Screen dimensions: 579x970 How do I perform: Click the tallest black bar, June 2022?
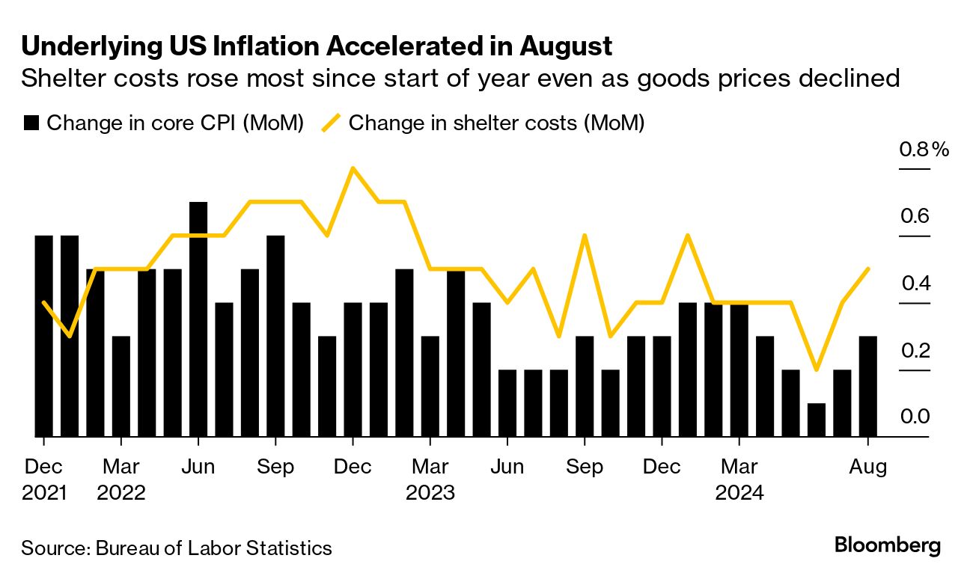click(x=198, y=319)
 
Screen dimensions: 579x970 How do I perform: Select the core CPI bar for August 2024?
click(x=867, y=386)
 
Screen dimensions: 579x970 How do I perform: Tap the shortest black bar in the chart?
click(x=817, y=420)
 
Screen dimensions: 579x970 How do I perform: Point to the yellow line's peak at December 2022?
click(x=353, y=168)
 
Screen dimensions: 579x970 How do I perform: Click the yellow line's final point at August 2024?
click(x=867, y=269)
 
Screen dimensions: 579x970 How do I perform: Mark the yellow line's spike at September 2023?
click(x=584, y=236)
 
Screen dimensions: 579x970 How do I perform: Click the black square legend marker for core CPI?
click(x=31, y=123)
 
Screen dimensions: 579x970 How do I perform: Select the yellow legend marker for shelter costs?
click(x=331, y=123)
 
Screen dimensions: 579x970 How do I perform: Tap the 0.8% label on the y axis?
click(x=923, y=150)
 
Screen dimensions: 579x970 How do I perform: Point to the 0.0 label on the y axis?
click(x=915, y=417)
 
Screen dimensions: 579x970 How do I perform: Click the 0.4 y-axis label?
click(x=915, y=283)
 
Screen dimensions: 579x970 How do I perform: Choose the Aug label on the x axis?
click(x=868, y=467)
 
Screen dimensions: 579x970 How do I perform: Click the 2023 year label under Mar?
click(x=430, y=493)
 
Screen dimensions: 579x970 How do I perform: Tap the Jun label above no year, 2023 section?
click(x=507, y=467)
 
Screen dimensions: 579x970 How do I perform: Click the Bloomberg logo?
click(x=887, y=545)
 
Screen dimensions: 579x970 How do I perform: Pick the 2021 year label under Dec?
click(x=45, y=493)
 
